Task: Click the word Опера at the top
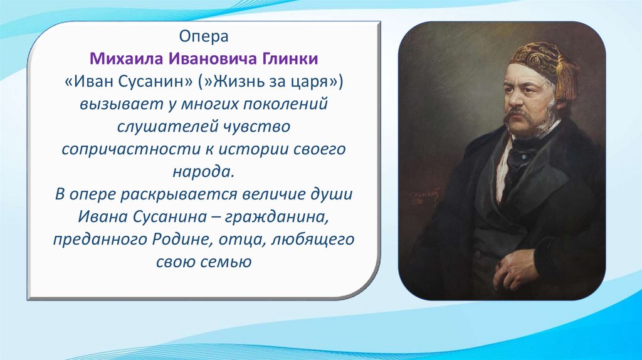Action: coord(204,36)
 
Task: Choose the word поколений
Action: coord(285,104)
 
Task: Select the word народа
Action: coord(203,172)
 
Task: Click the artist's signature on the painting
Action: coord(423,195)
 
